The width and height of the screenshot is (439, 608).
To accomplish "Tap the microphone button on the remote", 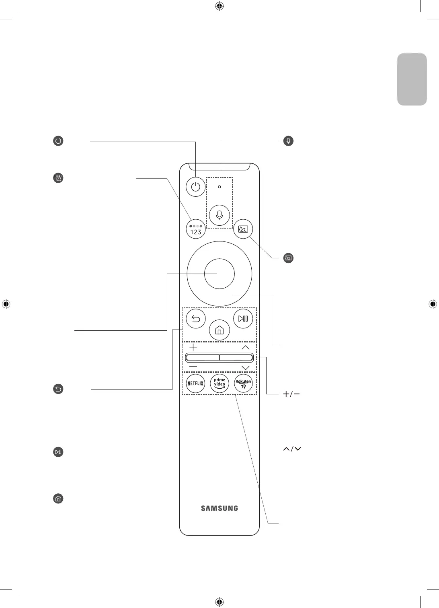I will tap(219, 215).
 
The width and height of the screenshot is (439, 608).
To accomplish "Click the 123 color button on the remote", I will tap(196, 229).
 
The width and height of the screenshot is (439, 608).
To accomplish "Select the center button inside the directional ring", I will tap(219, 274).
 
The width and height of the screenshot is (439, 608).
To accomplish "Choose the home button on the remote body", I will tap(219, 331).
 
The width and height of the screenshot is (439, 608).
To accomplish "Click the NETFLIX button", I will tap(196, 383).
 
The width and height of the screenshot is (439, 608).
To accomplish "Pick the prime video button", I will tap(219, 383).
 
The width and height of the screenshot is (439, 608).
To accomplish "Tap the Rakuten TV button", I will tap(243, 383).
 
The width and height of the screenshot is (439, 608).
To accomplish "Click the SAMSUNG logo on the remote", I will tap(219, 508).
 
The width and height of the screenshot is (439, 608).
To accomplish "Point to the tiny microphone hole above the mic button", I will tap(219, 187).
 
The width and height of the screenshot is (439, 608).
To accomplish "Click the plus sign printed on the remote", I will tap(193, 347).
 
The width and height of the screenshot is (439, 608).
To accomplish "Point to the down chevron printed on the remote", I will tap(246, 368).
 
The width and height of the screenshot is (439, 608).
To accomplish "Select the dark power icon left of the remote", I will tap(58, 141).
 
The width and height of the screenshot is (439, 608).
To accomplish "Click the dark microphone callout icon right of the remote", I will tap(288, 141).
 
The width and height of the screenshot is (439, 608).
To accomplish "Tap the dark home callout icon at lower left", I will tap(58, 499).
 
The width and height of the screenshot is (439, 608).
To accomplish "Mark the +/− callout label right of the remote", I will tap(291, 395).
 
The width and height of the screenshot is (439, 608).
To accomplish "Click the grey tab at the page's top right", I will tap(412, 79).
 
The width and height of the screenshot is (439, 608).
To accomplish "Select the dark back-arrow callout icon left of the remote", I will tap(58, 389).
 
